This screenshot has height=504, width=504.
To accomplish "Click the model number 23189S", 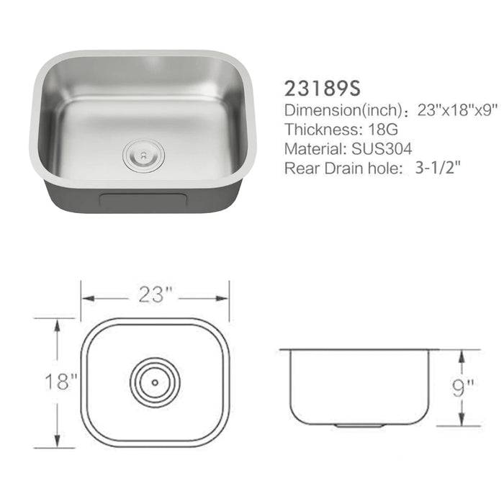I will (x=321, y=88).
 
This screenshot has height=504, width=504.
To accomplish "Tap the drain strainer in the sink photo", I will (x=143, y=154).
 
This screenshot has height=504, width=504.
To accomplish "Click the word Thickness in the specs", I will (x=316, y=130).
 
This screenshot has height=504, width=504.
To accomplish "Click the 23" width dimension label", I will (x=157, y=294).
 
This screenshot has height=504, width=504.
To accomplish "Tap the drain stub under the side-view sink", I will (x=359, y=426).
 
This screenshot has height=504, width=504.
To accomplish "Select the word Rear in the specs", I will (x=301, y=168).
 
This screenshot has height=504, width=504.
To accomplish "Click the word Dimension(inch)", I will (x=341, y=111).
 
